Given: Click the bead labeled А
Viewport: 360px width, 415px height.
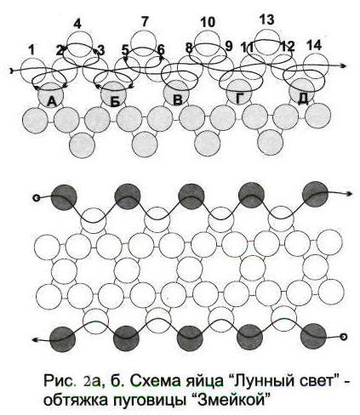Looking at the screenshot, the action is [x=50, y=95].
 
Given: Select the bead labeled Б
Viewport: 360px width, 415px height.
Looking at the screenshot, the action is [x=114, y=94].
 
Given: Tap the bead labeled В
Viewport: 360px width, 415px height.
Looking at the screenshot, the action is [x=176, y=94].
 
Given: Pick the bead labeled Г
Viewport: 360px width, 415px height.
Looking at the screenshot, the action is [x=239, y=92].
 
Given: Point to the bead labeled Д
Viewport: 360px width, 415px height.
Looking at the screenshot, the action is [x=302, y=91].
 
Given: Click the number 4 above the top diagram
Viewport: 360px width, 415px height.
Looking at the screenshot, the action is [x=77, y=25].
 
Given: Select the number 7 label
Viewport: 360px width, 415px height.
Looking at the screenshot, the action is [x=145, y=22].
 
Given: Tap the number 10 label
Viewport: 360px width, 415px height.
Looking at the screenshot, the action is [x=208, y=22].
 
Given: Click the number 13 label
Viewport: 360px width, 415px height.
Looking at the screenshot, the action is [x=267, y=20].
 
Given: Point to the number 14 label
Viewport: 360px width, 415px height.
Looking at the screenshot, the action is [x=314, y=45].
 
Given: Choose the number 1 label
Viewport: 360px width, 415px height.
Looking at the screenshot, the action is [x=31, y=50].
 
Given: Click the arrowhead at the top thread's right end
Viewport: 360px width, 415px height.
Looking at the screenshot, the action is [x=343, y=65].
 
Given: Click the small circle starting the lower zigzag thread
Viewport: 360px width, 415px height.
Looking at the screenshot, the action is [x=344, y=337].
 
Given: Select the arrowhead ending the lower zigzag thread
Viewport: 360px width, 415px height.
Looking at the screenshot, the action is [x=34, y=339].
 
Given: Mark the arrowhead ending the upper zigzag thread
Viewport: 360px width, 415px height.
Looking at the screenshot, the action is [x=349, y=194].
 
